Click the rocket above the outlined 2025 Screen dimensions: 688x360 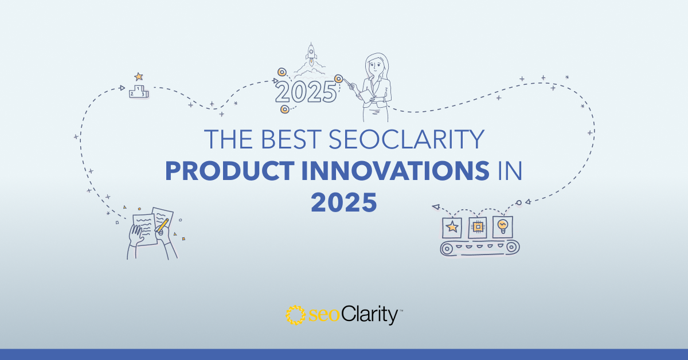pyautogui.click(x=311, y=54)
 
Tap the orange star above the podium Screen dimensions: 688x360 pyautogui.click(x=139, y=76)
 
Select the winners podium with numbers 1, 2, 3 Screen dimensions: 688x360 pyautogui.click(x=139, y=92)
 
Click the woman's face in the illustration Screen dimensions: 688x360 pyautogui.click(x=376, y=66)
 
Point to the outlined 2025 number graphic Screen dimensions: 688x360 pyautogui.click(x=306, y=92)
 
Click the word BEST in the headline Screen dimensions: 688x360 pyautogui.click(x=291, y=139)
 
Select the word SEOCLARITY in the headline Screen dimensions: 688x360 pyautogui.click(x=406, y=139)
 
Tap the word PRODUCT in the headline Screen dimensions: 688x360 pyautogui.click(x=230, y=171)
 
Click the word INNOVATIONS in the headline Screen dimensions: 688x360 pyautogui.click(x=396, y=171)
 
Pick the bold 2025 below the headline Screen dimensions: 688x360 pyautogui.click(x=343, y=202)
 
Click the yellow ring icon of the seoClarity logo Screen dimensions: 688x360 pyautogui.click(x=295, y=315)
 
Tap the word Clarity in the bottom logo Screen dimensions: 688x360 pyautogui.click(x=369, y=315)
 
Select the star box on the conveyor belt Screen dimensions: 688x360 pyautogui.click(x=452, y=228)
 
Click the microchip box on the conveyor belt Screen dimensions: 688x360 pyautogui.click(x=477, y=228)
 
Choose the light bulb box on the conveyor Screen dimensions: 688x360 pyautogui.click(x=503, y=227)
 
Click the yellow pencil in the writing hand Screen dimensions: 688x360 pyautogui.click(x=162, y=225)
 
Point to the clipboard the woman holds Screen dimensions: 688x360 pyautogui.click(x=367, y=96)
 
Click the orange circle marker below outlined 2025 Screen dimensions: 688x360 pyautogui.click(x=285, y=109)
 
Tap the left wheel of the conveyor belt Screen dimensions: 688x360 pyautogui.click(x=447, y=248)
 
